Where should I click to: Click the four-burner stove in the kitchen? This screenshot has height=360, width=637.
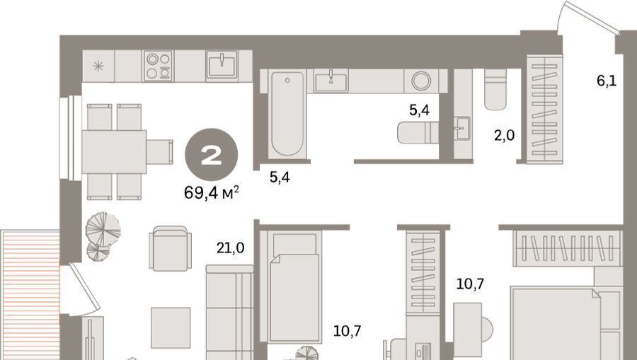[x=159, y=66]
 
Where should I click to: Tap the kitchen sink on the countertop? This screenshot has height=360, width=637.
[x=222, y=65]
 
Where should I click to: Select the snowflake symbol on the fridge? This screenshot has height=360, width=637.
[x=98, y=66]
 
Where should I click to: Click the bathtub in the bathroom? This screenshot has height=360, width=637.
[x=287, y=114]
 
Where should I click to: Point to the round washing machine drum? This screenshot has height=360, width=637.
[x=421, y=81]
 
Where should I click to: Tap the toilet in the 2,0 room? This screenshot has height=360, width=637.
[x=495, y=89]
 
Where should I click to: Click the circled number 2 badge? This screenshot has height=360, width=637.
[x=211, y=155]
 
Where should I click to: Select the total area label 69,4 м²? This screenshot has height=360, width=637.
[x=211, y=192]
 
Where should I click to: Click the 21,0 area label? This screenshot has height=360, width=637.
[x=230, y=248]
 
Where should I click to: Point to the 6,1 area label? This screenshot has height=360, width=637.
[x=607, y=81]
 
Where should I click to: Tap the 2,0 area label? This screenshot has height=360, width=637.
[x=504, y=135]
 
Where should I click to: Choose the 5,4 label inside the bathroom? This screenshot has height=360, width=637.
[x=419, y=110]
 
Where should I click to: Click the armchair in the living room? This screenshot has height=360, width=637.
[x=170, y=248]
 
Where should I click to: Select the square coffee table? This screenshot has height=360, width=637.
[x=171, y=327]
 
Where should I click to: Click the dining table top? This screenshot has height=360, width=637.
[x=114, y=152]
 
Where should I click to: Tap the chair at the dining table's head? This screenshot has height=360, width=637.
[x=160, y=152]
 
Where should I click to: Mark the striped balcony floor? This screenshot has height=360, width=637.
[x=30, y=295]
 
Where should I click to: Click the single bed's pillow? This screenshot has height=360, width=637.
[x=294, y=245]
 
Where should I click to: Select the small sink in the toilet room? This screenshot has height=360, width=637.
[x=462, y=128]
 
